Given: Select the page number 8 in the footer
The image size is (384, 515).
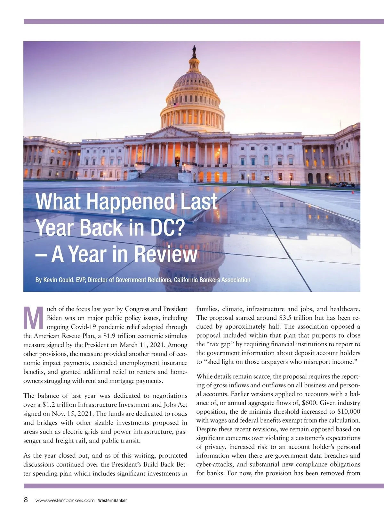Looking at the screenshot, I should [x=26, y=500].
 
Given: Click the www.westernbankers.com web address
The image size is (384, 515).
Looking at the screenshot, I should [x=65, y=500].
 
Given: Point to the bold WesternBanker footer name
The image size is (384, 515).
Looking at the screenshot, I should [x=112, y=500].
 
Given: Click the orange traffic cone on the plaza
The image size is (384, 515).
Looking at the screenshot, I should [x=353, y=192].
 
